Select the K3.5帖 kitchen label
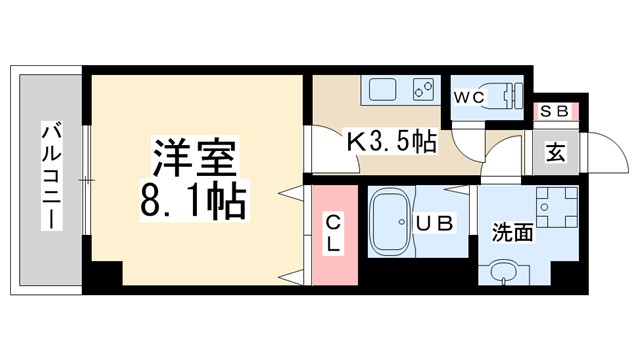click(391, 141)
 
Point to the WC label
click(469, 97)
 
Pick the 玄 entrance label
click(554, 153)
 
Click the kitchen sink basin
click(384, 91)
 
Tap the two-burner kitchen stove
click(422, 91)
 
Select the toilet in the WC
click(510, 94)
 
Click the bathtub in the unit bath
click(391, 224)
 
